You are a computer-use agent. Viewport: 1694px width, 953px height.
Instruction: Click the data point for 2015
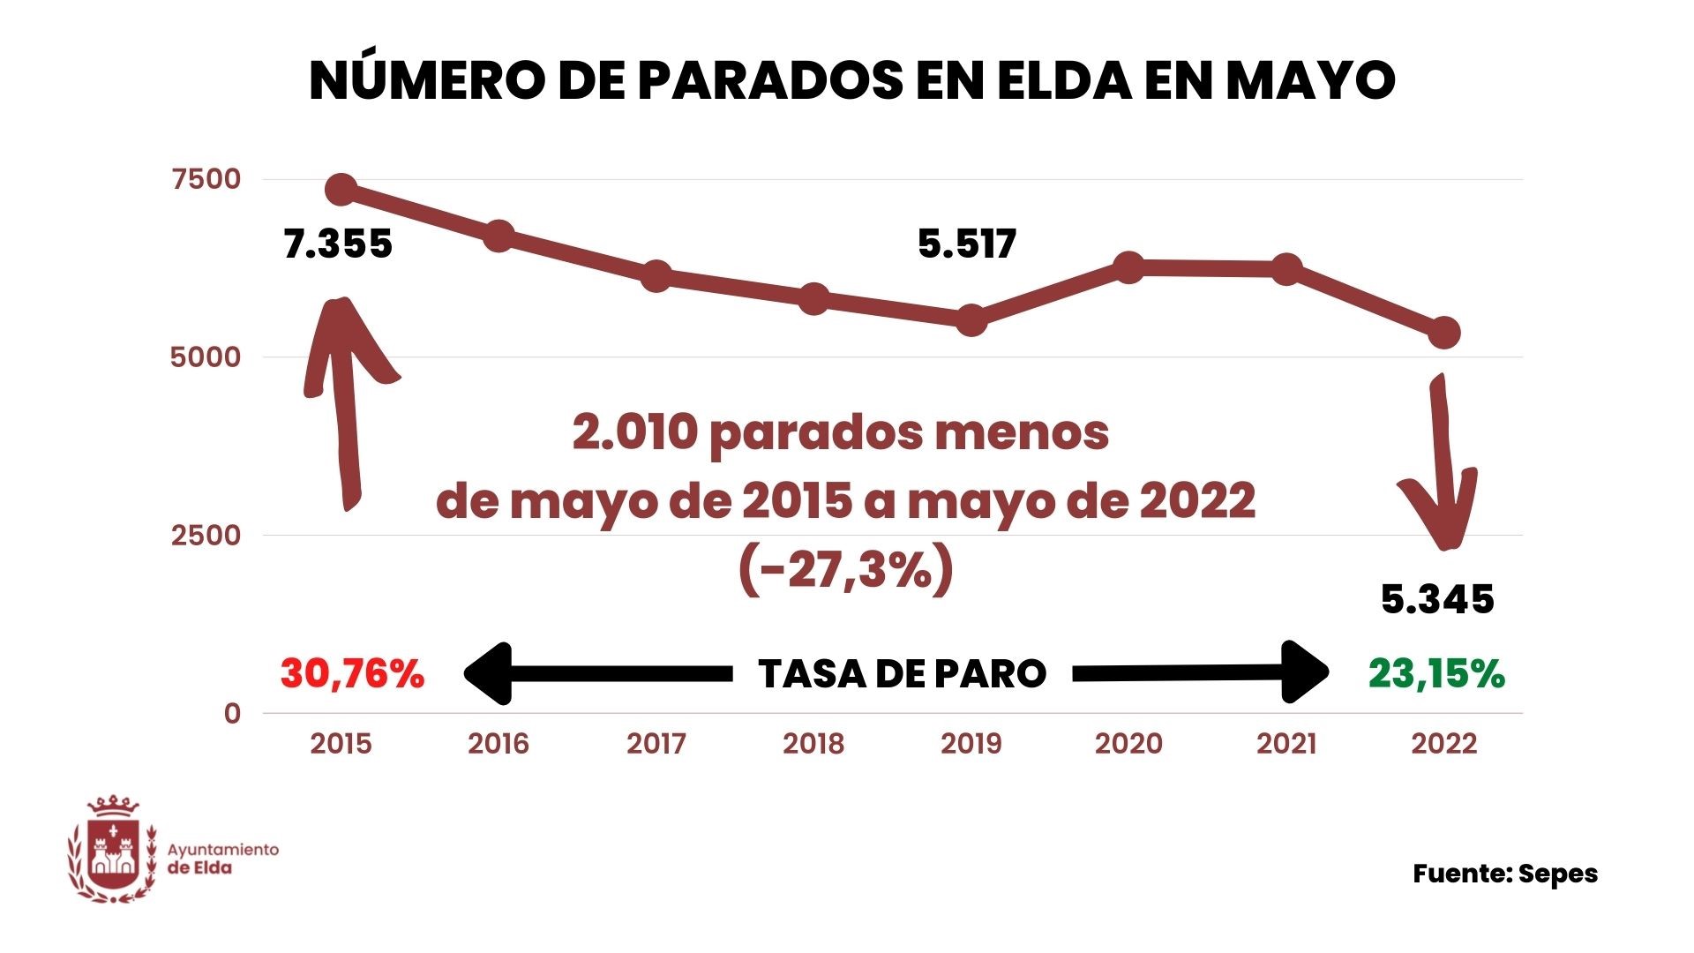pos(341,189)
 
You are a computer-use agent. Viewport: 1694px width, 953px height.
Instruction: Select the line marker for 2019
pos(971,320)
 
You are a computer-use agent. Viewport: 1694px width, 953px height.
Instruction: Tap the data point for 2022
pos(1444,333)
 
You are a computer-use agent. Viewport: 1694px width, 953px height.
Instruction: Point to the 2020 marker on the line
pos(1129,267)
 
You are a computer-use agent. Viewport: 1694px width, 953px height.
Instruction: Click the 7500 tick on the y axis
pos(206,179)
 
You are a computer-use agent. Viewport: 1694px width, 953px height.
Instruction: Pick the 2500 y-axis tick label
pos(206,535)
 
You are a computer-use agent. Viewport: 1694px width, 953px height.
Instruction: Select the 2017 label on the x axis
pos(656,744)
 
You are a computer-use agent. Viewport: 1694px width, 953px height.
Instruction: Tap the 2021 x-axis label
pos(1286,744)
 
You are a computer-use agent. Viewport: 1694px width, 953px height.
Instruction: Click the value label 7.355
pos(338,244)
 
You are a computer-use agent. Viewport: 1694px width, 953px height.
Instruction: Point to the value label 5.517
pos(967,244)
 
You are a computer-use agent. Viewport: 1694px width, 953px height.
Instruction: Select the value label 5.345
pos(1437,599)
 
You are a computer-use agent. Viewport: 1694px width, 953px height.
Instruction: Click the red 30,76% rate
pos(352,674)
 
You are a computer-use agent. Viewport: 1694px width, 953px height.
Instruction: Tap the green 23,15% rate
pos(1436,674)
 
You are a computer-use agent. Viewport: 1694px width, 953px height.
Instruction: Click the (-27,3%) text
pos(846,570)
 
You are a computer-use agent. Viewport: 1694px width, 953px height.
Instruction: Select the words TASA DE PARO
pos(902,674)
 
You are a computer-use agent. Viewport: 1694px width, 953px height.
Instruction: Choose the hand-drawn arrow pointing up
pos(345,397)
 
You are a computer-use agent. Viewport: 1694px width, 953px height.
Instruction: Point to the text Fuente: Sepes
pos(1505,874)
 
